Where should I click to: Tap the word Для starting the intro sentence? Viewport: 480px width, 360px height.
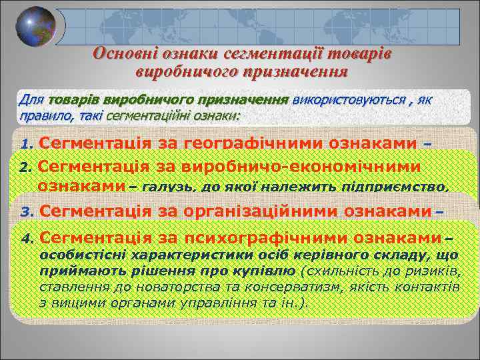pos(31,100)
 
